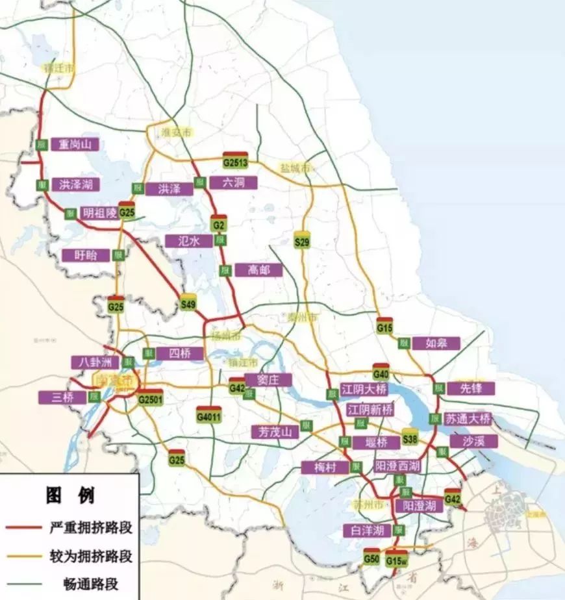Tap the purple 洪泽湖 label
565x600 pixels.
(75, 185)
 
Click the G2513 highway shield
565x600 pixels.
(235, 161)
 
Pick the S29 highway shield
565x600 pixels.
(302, 240)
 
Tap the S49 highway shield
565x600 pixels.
(188, 303)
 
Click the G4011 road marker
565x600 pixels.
(209, 416)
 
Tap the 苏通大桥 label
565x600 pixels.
(468, 418)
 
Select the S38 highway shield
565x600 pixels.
(410, 438)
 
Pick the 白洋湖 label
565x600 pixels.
(366, 531)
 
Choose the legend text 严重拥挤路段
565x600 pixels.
(90, 527)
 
